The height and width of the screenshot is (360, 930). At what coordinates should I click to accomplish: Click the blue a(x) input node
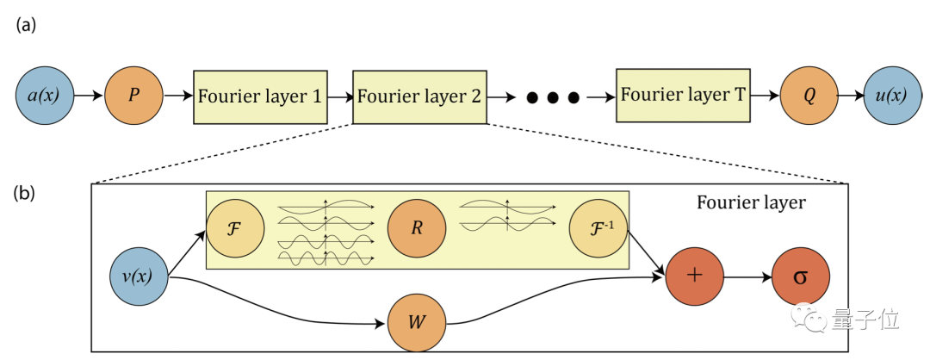(46, 95)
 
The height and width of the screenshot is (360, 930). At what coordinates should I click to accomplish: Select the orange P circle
(133, 95)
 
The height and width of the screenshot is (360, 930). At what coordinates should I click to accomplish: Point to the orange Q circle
(809, 95)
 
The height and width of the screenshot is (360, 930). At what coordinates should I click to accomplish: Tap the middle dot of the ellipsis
(552, 96)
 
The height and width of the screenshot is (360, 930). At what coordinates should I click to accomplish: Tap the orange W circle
(416, 324)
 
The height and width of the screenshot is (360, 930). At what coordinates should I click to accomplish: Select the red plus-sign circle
(693, 277)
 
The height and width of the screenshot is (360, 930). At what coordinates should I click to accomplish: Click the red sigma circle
(800, 277)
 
